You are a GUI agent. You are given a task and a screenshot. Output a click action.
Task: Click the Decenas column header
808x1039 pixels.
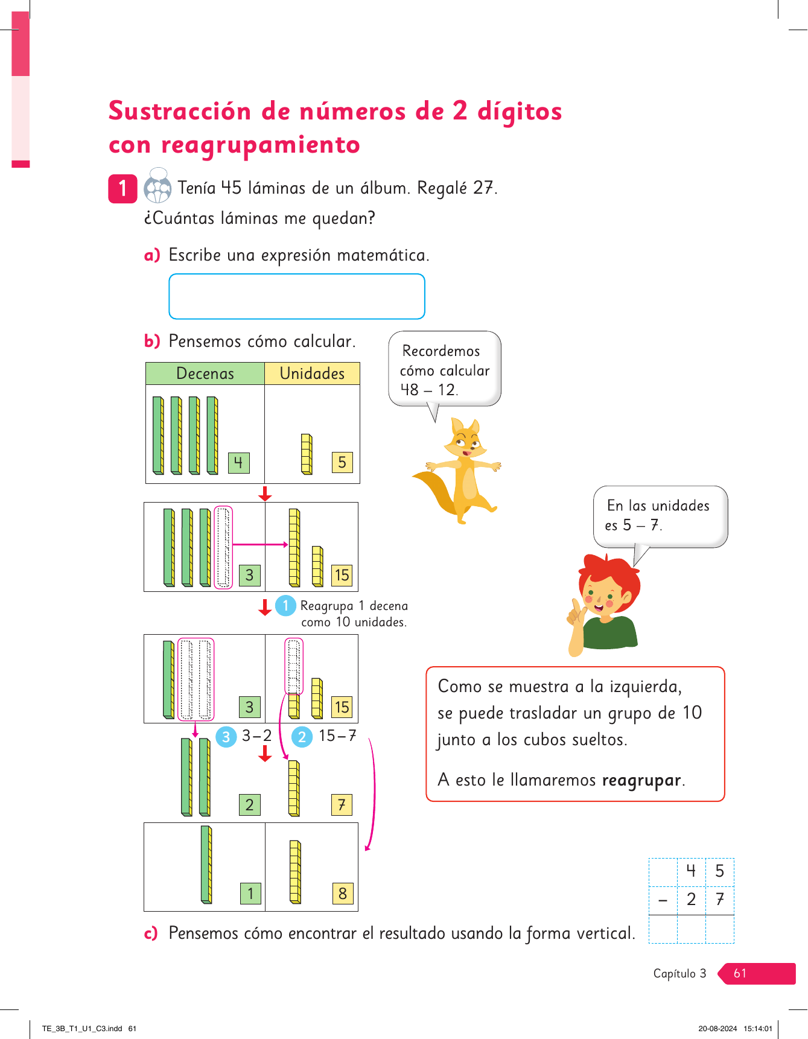point(205,373)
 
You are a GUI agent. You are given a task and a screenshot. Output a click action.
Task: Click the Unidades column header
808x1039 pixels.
point(312,373)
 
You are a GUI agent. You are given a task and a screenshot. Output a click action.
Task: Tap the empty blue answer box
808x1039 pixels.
point(297,296)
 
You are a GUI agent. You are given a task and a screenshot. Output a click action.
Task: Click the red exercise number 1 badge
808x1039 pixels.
point(122,188)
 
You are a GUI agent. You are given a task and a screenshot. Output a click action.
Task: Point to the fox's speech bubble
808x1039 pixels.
point(445,369)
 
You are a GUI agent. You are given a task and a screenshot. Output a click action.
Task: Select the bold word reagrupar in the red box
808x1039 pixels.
point(641,780)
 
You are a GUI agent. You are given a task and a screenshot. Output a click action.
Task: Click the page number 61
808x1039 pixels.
point(740,973)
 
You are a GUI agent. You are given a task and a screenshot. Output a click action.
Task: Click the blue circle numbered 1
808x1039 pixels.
point(285,605)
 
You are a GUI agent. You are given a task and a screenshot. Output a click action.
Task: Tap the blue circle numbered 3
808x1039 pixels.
point(226,737)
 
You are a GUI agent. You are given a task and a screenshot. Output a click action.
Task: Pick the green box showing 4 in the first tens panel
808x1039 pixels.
point(238,463)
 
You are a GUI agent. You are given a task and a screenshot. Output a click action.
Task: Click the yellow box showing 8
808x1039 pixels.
point(342,893)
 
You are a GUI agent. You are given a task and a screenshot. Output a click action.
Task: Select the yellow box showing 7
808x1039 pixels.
point(342,804)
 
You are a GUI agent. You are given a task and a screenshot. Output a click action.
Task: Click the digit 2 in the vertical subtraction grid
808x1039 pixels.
point(692,900)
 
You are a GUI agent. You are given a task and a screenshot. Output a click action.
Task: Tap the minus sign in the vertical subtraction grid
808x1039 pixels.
point(663,900)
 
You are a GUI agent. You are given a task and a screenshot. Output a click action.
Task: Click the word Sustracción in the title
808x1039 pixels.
point(180,112)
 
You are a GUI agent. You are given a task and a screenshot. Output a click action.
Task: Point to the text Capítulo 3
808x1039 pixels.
point(679,973)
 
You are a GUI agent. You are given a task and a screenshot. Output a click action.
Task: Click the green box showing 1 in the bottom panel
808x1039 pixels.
point(250,893)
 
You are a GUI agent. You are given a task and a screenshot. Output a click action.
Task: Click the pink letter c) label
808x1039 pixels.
point(151,933)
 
